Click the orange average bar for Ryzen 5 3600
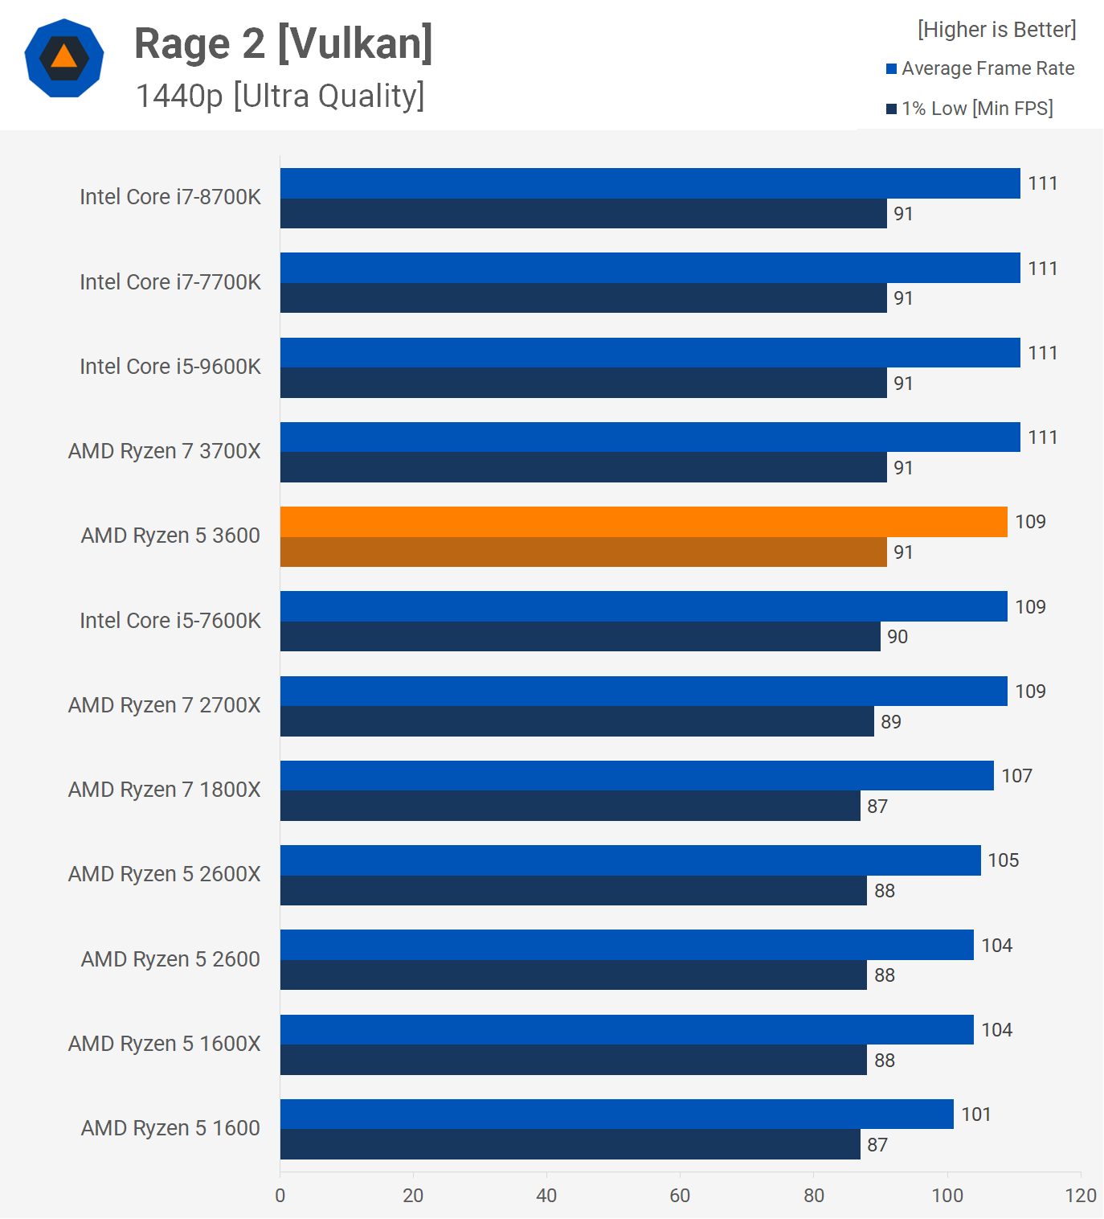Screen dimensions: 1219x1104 click(643, 522)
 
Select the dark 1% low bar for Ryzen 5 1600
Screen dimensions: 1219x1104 click(570, 1144)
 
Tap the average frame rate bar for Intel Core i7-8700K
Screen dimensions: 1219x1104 click(649, 183)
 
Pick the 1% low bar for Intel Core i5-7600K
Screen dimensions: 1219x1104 click(579, 637)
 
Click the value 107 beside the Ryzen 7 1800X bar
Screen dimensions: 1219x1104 click(1016, 776)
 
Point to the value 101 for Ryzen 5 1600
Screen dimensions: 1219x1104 click(976, 1114)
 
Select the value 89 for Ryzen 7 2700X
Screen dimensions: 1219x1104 click(890, 722)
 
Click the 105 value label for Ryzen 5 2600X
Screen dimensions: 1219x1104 click(1003, 860)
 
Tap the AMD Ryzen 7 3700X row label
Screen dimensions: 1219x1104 click(165, 451)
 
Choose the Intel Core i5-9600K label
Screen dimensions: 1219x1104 click(170, 367)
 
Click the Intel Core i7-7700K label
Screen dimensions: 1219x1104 click(170, 282)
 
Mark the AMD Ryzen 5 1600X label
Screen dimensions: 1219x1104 click(165, 1044)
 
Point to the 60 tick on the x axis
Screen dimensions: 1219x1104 click(680, 1196)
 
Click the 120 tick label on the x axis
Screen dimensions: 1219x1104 click(1081, 1196)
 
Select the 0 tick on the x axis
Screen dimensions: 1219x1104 click(280, 1196)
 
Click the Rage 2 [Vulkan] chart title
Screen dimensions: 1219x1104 click(283, 43)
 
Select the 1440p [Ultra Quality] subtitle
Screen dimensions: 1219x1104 click(280, 96)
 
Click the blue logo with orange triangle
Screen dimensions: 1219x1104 click(64, 58)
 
